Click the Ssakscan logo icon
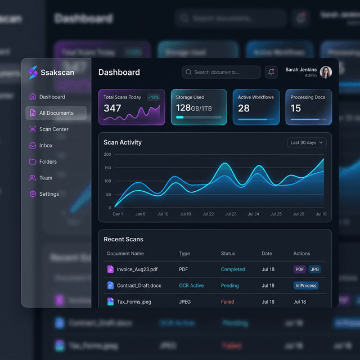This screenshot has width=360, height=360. (x=33, y=73)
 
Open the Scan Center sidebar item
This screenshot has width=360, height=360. (x=53, y=129)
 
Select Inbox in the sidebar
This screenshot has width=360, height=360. (x=46, y=146)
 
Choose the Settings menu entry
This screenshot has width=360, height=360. (x=49, y=194)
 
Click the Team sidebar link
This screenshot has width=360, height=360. (x=46, y=178)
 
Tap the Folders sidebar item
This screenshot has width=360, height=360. (x=48, y=162)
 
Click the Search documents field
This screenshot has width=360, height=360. (x=221, y=72)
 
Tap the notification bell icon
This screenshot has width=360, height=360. (x=271, y=72)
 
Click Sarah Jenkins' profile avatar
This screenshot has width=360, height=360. (x=326, y=72)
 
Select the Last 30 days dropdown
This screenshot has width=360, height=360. (x=307, y=142)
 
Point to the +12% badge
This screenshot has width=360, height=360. (x=154, y=97)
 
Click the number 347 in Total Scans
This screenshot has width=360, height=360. (x=112, y=108)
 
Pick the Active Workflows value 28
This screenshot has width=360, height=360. (x=244, y=108)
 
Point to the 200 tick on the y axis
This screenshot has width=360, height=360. (x=107, y=154)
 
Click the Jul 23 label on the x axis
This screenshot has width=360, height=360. (x=231, y=214)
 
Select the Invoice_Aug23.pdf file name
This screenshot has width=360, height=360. (x=137, y=269)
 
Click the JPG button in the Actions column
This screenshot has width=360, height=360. (x=314, y=269)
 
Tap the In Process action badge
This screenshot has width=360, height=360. (x=306, y=286)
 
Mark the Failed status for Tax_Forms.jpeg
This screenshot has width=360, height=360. (x=227, y=302)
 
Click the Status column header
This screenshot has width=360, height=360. (x=228, y=254)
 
